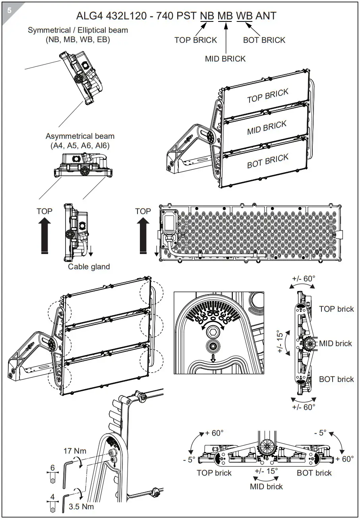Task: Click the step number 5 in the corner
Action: click(9, 10)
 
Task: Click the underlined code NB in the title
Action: click(207, 16)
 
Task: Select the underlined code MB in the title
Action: click(225, 16)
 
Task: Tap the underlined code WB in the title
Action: click(244, 16)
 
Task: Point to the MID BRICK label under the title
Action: click(225, 59)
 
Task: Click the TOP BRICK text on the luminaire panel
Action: click(267, 96)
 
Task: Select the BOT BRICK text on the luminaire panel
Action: click(267, 161)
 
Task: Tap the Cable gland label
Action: click(89, 267)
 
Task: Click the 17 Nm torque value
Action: click(75, 451)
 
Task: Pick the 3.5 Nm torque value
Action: click(81, 506)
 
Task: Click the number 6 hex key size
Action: click(52, 468)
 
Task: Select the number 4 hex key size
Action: click(52, 497)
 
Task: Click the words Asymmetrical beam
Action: click(80, 136)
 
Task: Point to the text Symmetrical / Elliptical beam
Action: click(78, 30)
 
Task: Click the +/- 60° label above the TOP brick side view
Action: click(303, 278)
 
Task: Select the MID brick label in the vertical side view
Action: click(336, 343)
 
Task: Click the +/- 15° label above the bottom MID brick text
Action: click(266, 471)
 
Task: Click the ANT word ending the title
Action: click(266, 16)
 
